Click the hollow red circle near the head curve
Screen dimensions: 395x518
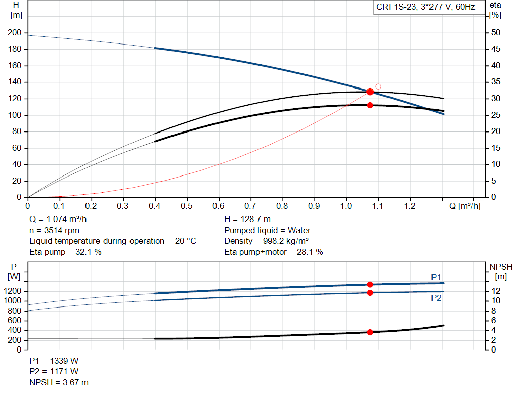pos(378,86)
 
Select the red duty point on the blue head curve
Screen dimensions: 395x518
pos(370,92)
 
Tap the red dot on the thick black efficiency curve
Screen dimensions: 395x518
pos(370,105)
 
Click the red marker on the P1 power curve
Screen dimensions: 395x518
pos(370,285)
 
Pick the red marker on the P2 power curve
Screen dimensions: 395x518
pos(370,293)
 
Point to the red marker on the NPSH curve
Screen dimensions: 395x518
pos(370,332)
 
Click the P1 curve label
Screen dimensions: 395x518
pos(436,277)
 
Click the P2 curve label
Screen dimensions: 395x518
pos(436,298)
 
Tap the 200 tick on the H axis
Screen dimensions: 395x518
pos(15,33)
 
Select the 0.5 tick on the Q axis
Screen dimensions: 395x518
pos(187,206)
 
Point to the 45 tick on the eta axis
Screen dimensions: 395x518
pos(495,49)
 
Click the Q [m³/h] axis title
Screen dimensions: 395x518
pos(464,206)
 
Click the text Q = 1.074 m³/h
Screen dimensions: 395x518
pos(58,220)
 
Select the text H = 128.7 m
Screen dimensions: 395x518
pos(247,220)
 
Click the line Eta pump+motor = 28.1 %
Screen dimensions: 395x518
pos(273,252)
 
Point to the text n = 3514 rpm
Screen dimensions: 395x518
pos(54,231)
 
